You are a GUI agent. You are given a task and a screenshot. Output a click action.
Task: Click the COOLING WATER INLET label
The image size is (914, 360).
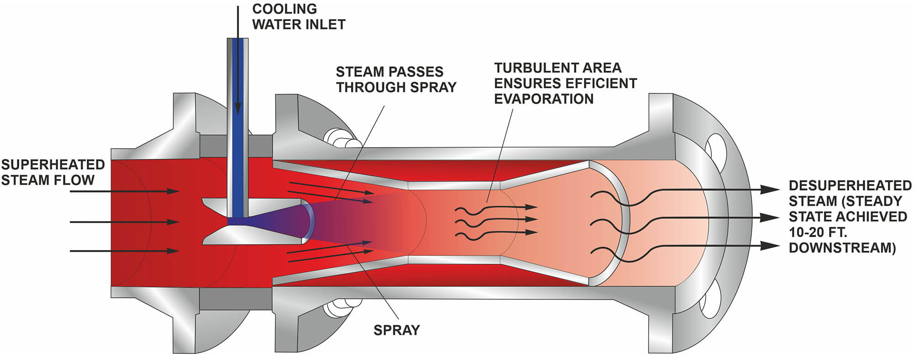[x=298, y=16]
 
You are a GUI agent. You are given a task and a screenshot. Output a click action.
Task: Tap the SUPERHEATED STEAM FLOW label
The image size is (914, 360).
[x=53, y=172]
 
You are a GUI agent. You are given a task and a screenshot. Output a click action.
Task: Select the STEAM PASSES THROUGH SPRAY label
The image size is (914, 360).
[x=396, y=79]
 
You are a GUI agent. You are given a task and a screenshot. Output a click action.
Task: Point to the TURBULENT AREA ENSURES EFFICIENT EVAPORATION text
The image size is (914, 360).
[x=565, y=83]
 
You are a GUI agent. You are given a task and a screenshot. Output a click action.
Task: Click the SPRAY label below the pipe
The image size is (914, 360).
[x=396, y=330]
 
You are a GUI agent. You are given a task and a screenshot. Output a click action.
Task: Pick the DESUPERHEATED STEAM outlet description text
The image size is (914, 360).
[x=850, y=217]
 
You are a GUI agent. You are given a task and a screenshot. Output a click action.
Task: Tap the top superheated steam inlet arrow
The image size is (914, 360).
[x=123, y=191]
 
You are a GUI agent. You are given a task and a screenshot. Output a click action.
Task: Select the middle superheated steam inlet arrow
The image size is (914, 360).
[x=123, y=222]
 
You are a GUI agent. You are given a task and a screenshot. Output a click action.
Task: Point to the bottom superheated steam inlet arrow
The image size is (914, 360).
[x=123, y=251]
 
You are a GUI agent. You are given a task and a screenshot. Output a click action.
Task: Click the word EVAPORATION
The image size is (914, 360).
[x=543, y=99]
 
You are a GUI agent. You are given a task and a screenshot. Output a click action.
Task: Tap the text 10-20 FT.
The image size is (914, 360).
[x=818, y=232]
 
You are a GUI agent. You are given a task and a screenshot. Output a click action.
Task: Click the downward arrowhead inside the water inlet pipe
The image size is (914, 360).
[x=238, y=109]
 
